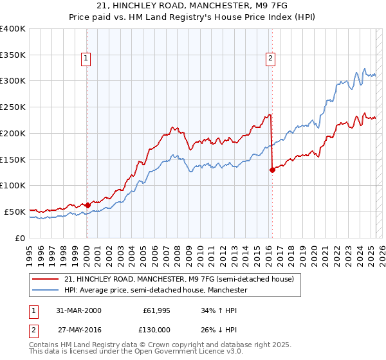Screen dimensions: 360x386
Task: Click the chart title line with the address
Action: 193,6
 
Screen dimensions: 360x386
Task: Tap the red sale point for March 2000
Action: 87,205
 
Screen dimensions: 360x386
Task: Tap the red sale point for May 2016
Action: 272,170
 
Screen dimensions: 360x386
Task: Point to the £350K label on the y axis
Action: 13,55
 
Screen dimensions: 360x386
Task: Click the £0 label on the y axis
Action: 20,238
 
